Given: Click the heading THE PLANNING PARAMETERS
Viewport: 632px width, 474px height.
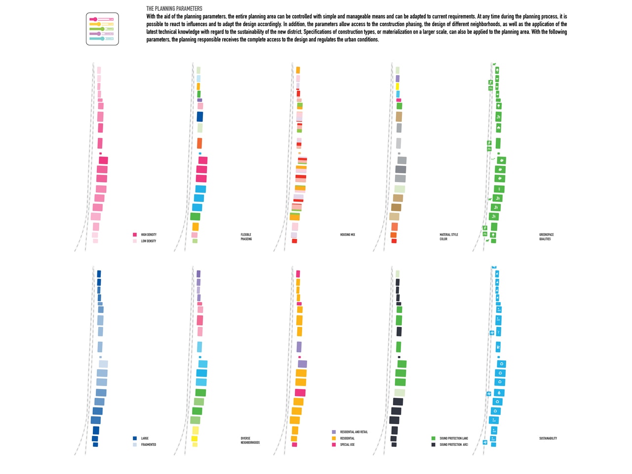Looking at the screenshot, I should pyautogui.click(x=174, y=8).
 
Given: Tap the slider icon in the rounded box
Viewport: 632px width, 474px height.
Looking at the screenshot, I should pyautogui.click(x=102, y=29).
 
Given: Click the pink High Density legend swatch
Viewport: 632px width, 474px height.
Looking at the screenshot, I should pyautogui.click(x=135, y=235).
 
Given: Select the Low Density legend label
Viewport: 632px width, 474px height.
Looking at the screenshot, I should pyautogui.click(x=149, y=241).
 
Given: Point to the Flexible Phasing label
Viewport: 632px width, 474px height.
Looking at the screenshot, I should pyautogui.click(x=246, y=237).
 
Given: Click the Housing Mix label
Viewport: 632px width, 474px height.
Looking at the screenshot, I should pyautogui.click(x=348, y=235).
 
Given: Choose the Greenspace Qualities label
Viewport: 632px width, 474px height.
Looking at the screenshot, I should pyautogui.click(x=546, y=237).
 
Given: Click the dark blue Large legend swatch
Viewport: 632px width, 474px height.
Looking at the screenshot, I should pyautogui.click(x=135, y=438).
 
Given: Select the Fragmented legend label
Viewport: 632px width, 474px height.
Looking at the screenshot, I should pyautogui.click(x=149, y=444).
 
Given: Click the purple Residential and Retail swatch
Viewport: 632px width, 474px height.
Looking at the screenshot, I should pyautogui.click(x=334, y=432).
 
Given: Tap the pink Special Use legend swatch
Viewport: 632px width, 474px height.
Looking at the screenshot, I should pyautogui.click(x=334, y=444).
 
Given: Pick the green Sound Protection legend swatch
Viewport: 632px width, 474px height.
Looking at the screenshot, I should pyautogui.click(x=434, y=438).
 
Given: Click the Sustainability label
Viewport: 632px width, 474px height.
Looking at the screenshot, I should pyautogui.click(x=548, y=438).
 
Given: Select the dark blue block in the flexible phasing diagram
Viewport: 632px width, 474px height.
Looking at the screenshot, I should pyautogui.click(x=200, y=117).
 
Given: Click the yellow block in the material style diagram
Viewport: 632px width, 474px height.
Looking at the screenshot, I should pyautogui.click(x=397, y=86).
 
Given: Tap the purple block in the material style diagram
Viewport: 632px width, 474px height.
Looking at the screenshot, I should pyautogui.click(x=397, y=79).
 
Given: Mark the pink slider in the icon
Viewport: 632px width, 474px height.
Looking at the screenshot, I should pyautogui.click(x=94, y=19).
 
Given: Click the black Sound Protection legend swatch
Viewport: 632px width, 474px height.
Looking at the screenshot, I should pyautogui.click(x=434, y=444).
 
